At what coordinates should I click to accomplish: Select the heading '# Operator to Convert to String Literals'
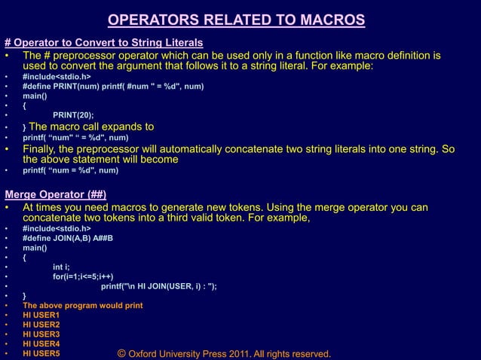click(x=103, y=41)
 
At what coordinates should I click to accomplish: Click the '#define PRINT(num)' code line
click(x=113, y=87)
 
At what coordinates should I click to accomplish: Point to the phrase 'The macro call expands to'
click(x=91, y=127)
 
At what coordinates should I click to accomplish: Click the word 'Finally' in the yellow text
click(x=44, y=148)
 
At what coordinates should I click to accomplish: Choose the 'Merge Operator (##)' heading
click(x=55, y=194)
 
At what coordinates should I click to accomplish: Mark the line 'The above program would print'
click(x=83, y=305)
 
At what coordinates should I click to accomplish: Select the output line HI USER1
click(x=41, y=315)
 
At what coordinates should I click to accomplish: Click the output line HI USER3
click(x=41, y=334)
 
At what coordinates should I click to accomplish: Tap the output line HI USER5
click(x=41, y=352)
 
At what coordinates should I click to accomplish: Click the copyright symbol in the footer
click(x=121, y=353)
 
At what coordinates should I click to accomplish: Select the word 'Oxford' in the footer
click(x=146, y=354)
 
